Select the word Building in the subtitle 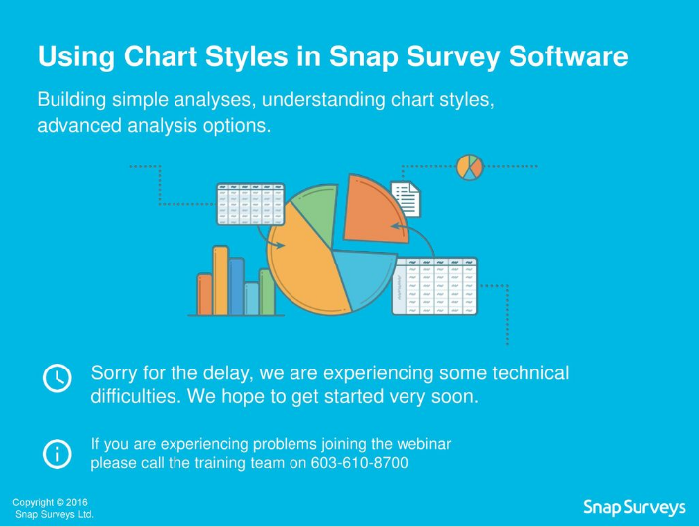[x=72, y=101]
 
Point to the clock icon [x=57, y=377]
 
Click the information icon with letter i [x=57, y=453]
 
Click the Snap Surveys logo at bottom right [x=634, y=508]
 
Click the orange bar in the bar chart [x=205, y=293]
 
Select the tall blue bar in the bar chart [x=236, y=285]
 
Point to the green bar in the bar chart [x=266, y=291]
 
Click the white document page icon [x=406, y=199]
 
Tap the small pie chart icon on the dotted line [x=469, y=166]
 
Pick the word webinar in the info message [x=423, y=444]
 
